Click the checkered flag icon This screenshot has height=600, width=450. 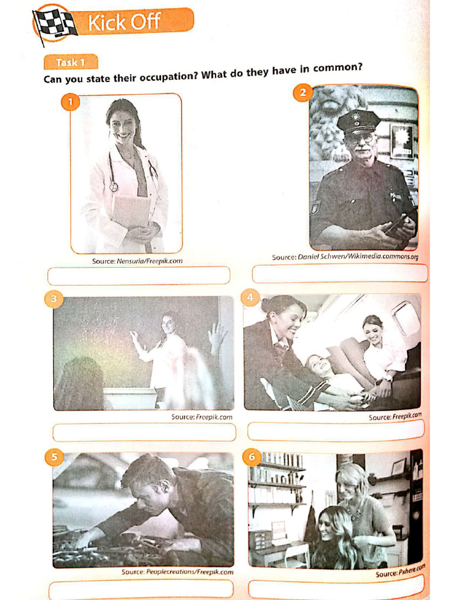(54, 25)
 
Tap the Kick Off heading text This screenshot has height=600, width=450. (124, 22)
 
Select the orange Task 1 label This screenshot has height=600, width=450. (70, 62)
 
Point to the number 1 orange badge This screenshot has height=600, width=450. (70, 103)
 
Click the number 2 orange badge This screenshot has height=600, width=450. (302, 93)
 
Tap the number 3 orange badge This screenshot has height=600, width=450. (53, 299)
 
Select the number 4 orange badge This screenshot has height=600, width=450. (251, 298)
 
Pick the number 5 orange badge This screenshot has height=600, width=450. (53, 457)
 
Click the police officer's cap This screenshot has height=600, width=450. (358, 121)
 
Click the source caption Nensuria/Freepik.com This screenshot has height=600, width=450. (137, 261)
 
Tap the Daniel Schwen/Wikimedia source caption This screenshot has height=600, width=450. (345, 257)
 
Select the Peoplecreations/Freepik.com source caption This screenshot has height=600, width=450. (177, 572)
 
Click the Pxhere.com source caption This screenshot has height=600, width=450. (400, 571)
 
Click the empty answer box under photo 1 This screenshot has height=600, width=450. (138, 275)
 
